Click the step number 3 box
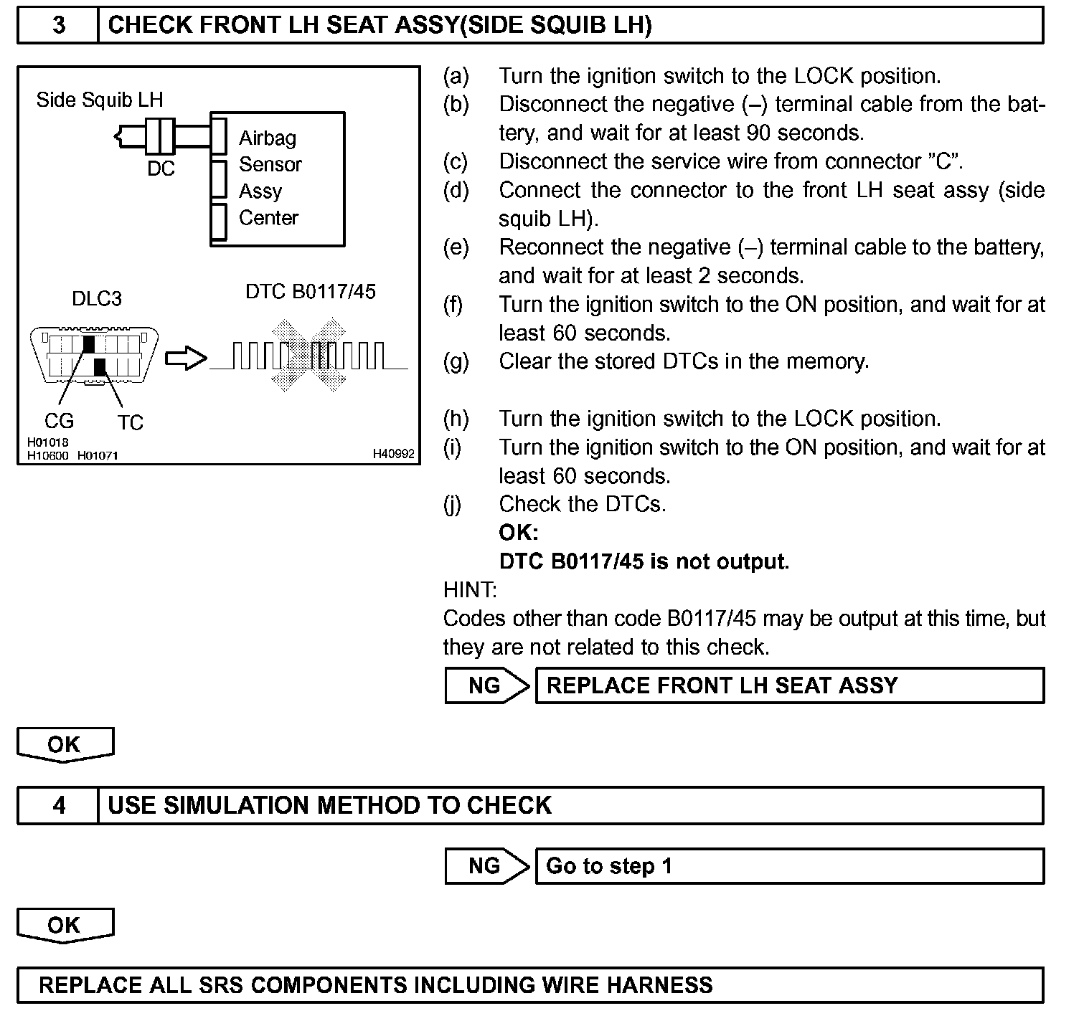(x=58, y=26)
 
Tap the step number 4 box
(x=58, y=805)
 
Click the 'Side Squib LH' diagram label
(x=100, y=100)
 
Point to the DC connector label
(x=161, y=168)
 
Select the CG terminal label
(x=59, y=421)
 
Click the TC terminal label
(x=131, y=422)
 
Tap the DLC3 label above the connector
(x=97, y=298)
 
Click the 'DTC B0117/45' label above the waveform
(x=311, y=292)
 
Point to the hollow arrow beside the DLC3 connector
(x=186, y=358)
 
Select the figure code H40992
(x=393, y=454)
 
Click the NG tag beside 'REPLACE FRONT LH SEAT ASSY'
(x=486, y=685)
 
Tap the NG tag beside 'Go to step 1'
(x=486, y=866)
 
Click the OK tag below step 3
(x=65, y=744)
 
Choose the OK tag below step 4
(x=65, y=925)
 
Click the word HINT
(x=470, y=590)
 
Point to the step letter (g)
(x=456, y=361)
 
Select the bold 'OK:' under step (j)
(x=518, y=533)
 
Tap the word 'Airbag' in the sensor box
(x=268, y=138)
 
